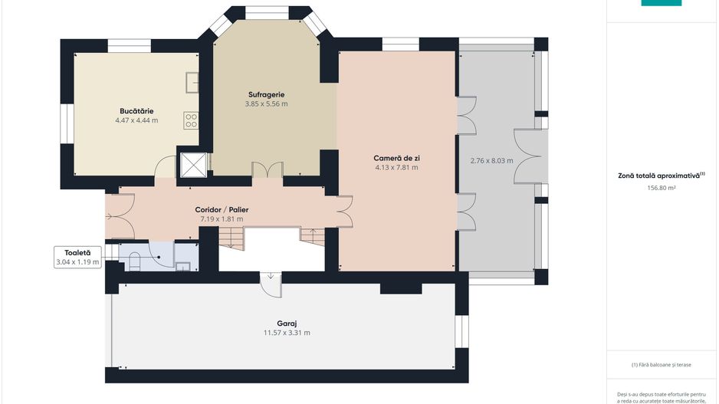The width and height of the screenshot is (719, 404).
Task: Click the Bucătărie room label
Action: pos(136,111)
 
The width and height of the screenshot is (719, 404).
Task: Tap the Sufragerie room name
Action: pos(267,94)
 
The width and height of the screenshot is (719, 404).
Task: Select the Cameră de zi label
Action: pos(396,158)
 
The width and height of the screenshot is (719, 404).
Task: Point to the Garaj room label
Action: pos(287,324)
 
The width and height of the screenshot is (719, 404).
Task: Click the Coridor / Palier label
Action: pos(222,209)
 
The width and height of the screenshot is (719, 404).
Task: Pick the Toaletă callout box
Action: pos(77,258)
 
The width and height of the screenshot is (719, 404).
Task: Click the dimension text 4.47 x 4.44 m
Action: pos(136,120)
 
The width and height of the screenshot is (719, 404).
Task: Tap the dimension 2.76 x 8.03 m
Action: pos(491,161)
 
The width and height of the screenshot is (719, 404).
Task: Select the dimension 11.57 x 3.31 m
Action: pos(287,333)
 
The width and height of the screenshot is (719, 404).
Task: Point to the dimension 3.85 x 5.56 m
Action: pos(267,104)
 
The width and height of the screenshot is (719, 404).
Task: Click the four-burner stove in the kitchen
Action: pos(191,120)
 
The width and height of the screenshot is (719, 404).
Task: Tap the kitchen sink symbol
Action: pos(192,83)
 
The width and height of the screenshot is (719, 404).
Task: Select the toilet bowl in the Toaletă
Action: pos(135,261)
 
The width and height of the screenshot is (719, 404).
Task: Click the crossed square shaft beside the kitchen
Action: pos(193,165)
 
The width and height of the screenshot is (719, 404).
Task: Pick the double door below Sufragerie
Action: pos(268,170)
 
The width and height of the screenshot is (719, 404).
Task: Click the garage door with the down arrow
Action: pos(271,284)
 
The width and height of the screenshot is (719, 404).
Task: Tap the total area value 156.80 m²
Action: pos(662,188)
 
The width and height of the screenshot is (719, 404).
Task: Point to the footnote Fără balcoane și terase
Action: pos(662,365)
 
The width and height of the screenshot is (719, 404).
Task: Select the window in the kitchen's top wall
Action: pos(130,46)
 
